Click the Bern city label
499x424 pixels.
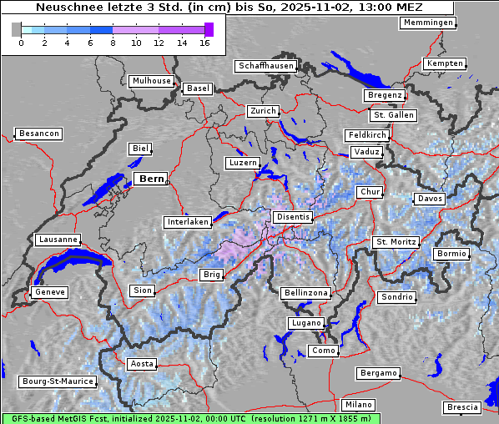(x=150, y=179)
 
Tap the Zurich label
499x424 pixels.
(x=263, y=111)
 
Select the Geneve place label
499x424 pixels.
(x=48, y=292)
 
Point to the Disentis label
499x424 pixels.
(x=292, y=217)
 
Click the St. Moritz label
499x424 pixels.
(x=396, y=242)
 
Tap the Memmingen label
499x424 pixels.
(x=428, y=23)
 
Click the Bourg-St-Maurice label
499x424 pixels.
(x=57, y=381)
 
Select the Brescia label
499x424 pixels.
(x=462, y=407)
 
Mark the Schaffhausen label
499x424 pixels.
(x=265, y=66)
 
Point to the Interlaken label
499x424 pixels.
(x=187, y=222)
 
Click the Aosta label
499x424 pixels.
(x=142, y=364)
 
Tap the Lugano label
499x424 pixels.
(x=305, y=323)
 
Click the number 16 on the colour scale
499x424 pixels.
(x=205, y=43)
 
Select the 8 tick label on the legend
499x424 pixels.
(x=113, y=43)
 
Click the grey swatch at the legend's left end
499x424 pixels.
(x=17, y=29)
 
